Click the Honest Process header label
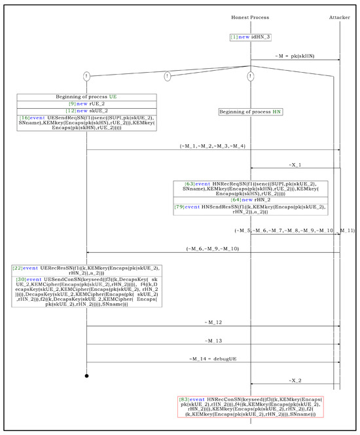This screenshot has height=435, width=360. [x=250, y=16]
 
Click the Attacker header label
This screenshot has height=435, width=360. [x=339, y=16]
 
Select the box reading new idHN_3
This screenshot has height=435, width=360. [x=250, y=37]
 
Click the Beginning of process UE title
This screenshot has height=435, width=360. [x=86, y=97]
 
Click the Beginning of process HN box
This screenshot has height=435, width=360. [x=251, y=112]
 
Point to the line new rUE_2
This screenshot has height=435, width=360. [x=86, y=104]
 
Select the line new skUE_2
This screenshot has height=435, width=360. [x=86, y=111]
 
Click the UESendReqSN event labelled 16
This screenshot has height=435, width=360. [x=86, y=123]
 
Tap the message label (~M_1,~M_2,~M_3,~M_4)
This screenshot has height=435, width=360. [x=213, y=145]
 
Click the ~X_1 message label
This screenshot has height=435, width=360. [x=295, y=164]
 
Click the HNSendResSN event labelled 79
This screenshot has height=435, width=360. [x=250, y=210]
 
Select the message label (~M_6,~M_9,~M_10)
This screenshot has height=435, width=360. [x=212, y=248]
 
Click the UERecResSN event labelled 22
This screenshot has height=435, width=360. [x=86, y=271]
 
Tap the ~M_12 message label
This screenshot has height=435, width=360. [x=213, y=322]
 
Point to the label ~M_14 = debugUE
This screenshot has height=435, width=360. [x=213, y=358]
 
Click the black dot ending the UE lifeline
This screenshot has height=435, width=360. [x=86, y=376]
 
